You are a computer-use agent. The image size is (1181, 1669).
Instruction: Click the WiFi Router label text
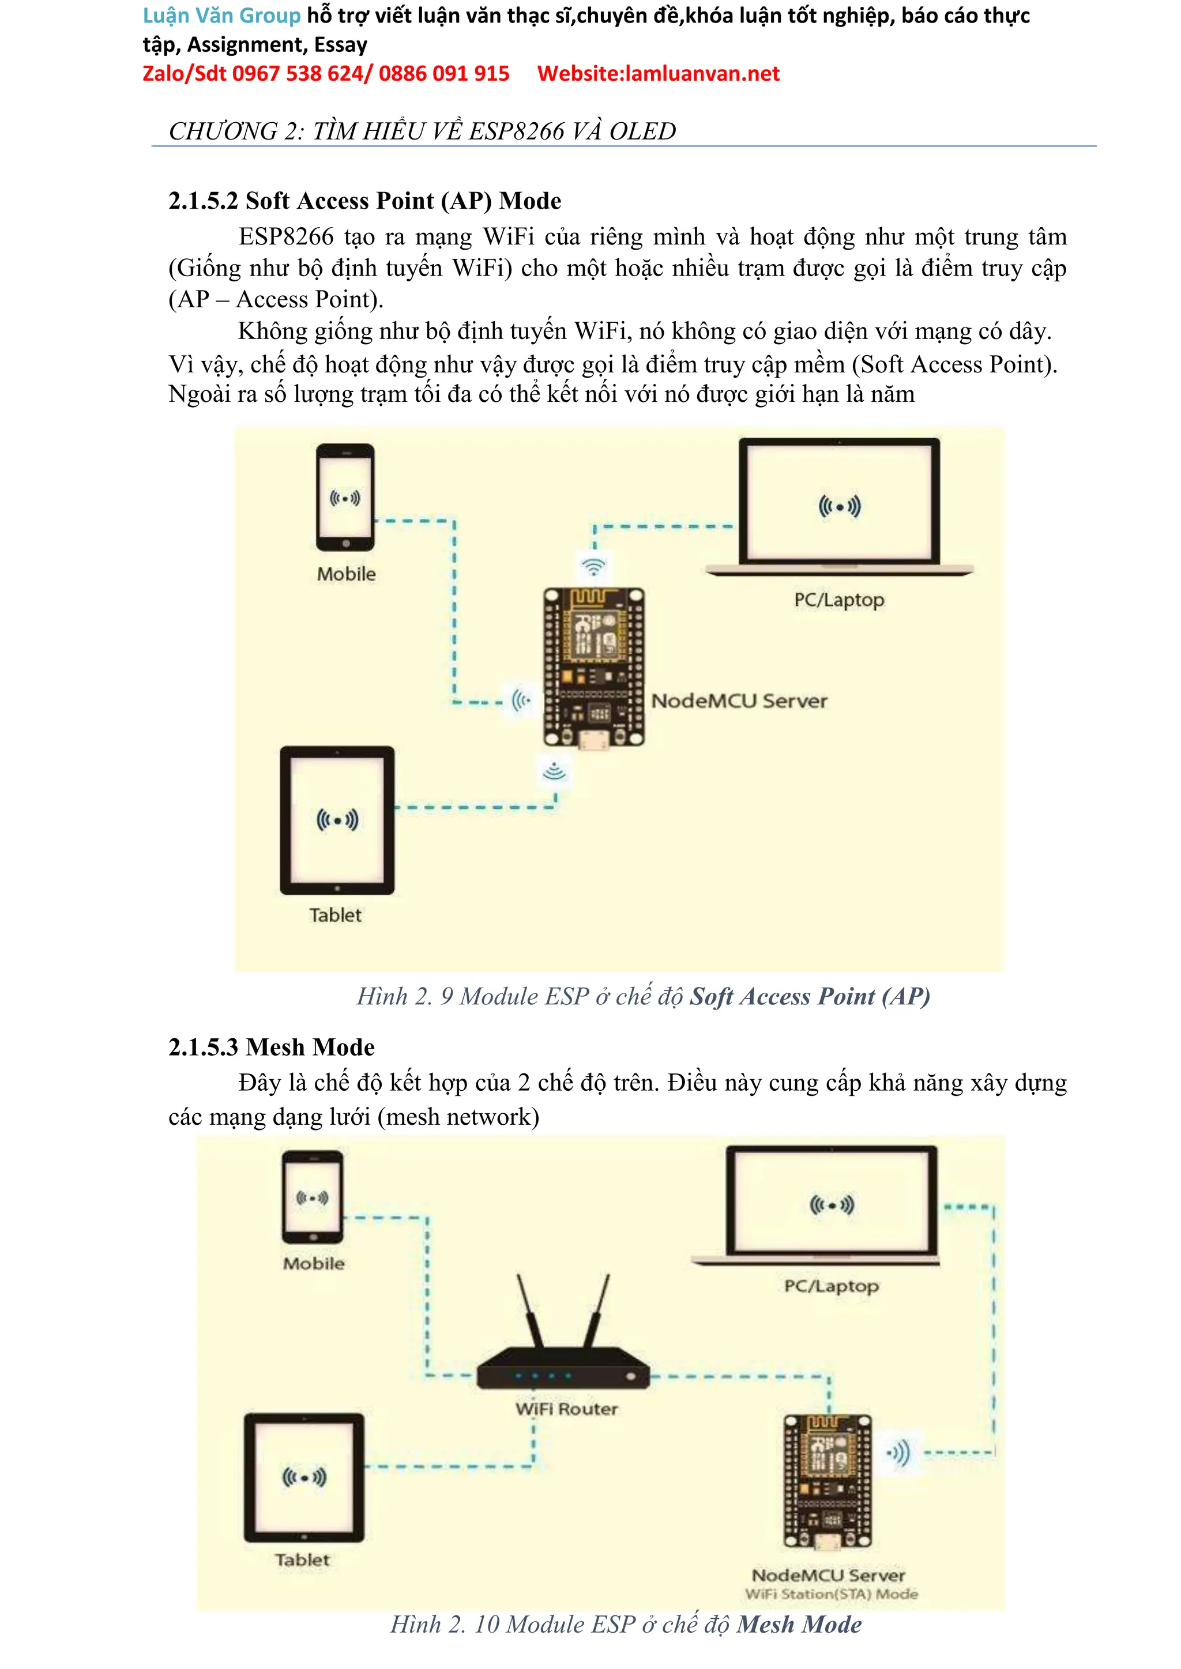tap(566, 1409)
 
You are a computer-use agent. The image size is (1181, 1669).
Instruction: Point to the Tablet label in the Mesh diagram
tap(302, 1560)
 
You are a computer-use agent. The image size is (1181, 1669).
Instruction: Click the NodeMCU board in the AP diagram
tap(593, 667)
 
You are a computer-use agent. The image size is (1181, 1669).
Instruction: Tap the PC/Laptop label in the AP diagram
tap(839, 600)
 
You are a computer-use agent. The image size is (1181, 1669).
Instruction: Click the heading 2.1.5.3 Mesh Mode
tap(271, 1047)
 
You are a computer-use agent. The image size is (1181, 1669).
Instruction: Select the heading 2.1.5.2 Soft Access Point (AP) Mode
tap(364, 201)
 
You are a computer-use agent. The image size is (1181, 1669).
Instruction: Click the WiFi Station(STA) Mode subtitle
tap(831, 1594)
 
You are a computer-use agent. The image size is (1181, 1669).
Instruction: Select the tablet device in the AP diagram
tap(337, 820)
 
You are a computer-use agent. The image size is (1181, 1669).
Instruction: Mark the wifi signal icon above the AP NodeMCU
tap(594, 566)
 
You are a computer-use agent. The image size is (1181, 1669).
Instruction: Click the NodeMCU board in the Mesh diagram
tap(827, 1480)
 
